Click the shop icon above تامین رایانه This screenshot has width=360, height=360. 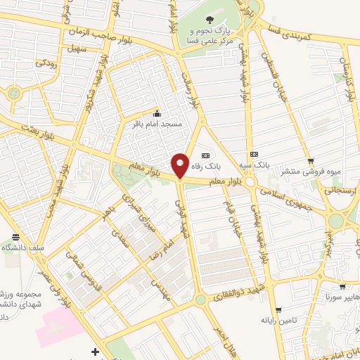(279, 310)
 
